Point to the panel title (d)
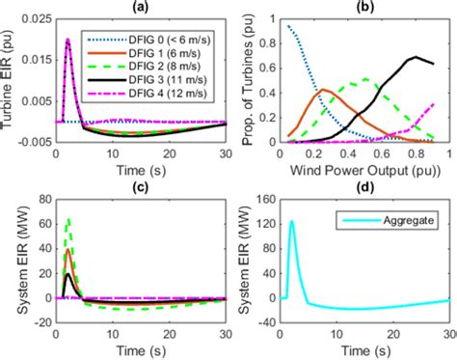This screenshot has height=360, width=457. click(367, 184)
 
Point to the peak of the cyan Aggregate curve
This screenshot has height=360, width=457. click(291, 221)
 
